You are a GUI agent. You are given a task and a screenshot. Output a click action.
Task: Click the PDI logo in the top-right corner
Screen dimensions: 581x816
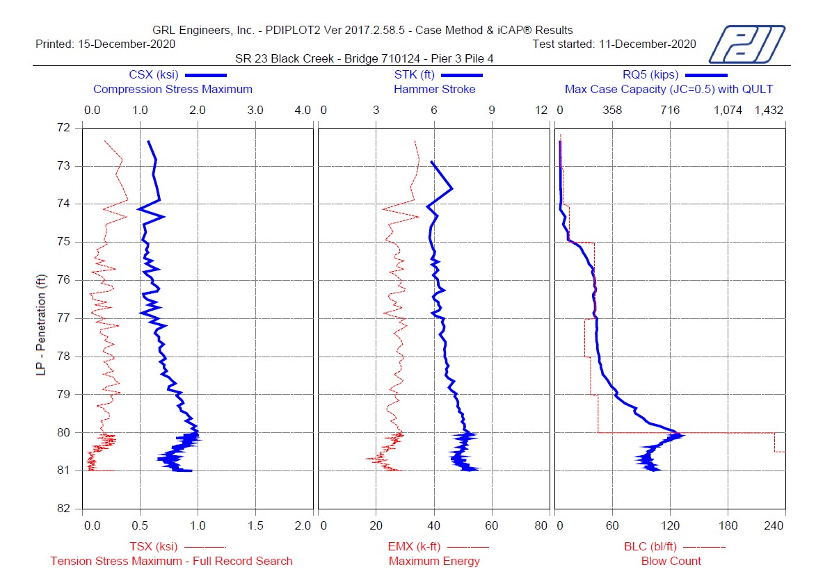(746, 44)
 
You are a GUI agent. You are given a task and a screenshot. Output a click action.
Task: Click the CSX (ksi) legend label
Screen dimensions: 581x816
(154, 74)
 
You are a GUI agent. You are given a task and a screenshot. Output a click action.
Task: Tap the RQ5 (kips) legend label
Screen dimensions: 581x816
(650, 74)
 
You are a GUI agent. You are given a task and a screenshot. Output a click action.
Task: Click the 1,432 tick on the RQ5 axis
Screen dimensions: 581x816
(769, 111)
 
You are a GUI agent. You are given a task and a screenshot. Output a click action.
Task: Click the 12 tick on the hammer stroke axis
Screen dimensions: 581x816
(542, 111)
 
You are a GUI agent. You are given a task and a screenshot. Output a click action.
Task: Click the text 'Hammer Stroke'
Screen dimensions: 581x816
(435, 89)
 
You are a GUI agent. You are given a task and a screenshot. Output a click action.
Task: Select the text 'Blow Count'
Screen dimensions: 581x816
(671, 561)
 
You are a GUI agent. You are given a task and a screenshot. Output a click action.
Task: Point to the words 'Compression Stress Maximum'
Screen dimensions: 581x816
(173, 89)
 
